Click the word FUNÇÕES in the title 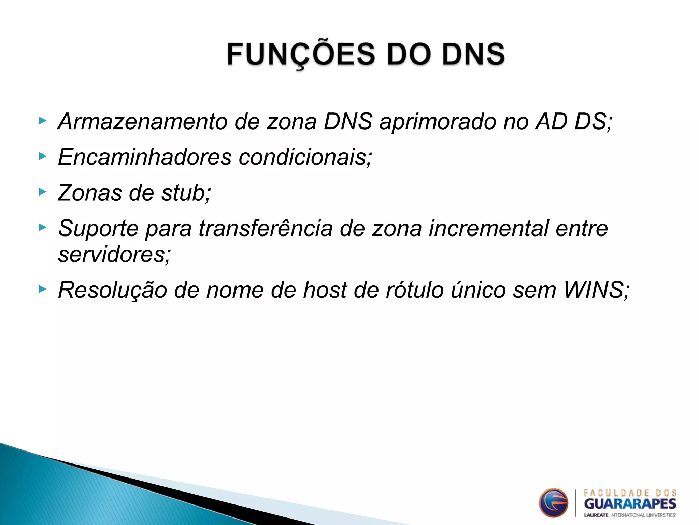point(301,55)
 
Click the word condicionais point(305,157)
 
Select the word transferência point(266,228)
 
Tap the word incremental point(488,228)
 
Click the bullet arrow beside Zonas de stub point(42,192)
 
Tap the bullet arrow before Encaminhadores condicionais point(42,156)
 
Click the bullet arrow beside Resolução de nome point(42,289)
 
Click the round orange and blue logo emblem point(553,502)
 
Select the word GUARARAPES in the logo point(630,504)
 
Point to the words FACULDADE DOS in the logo point(630,493)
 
